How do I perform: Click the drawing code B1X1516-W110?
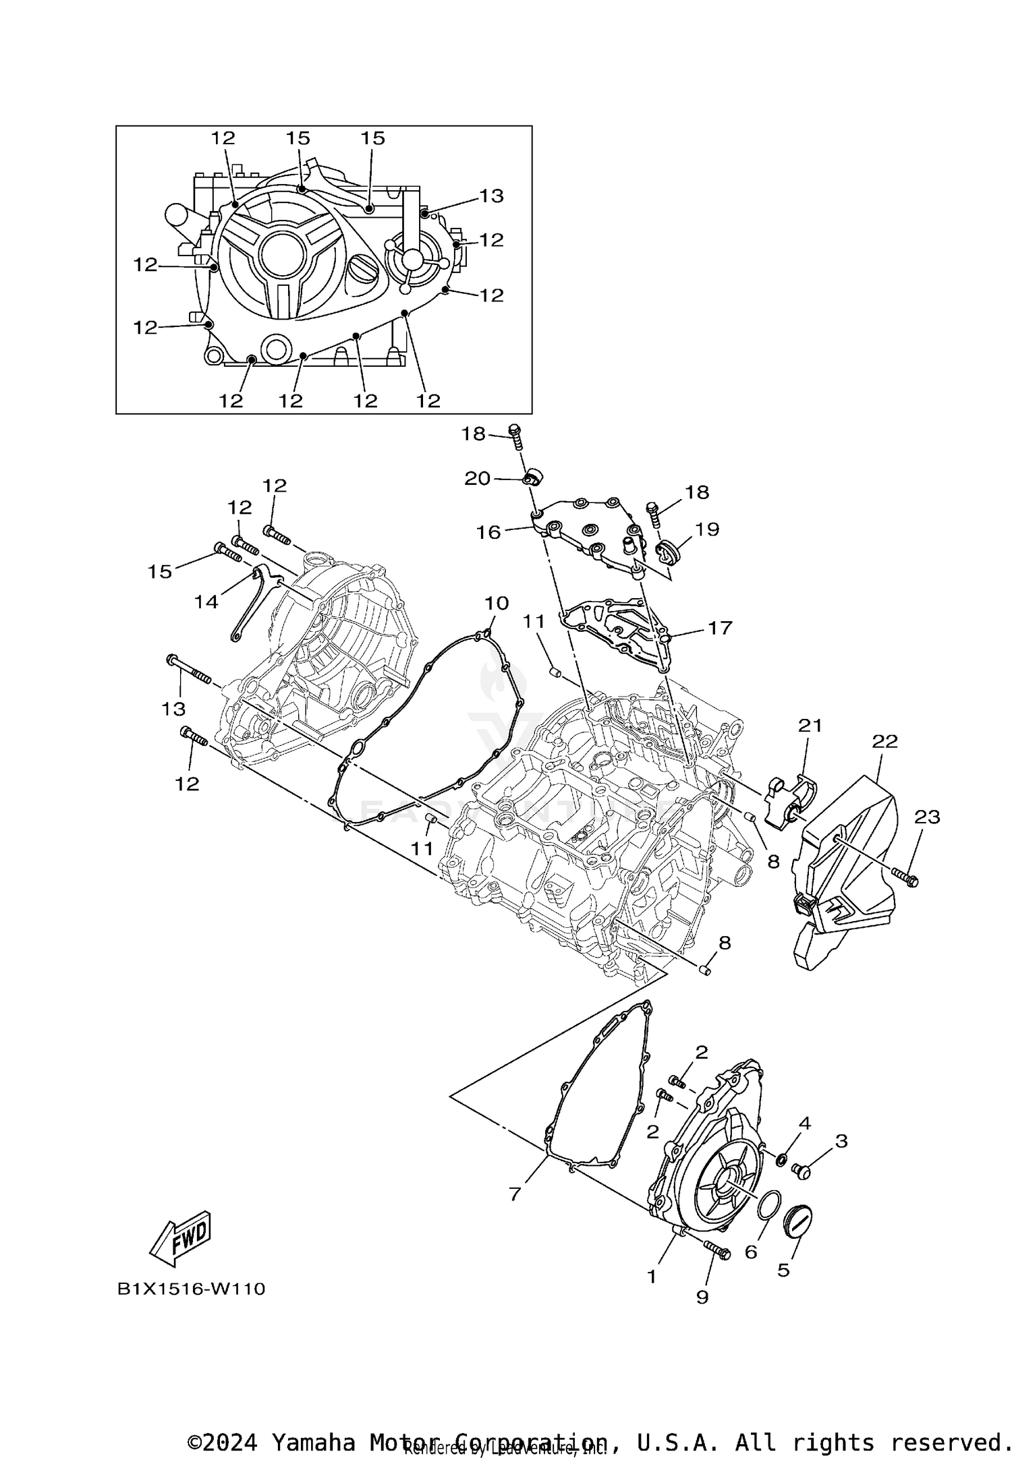point(192,1289)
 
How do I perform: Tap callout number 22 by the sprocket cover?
point(884,741)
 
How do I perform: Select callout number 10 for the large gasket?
point(497,602)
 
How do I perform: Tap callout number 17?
point(720,628)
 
